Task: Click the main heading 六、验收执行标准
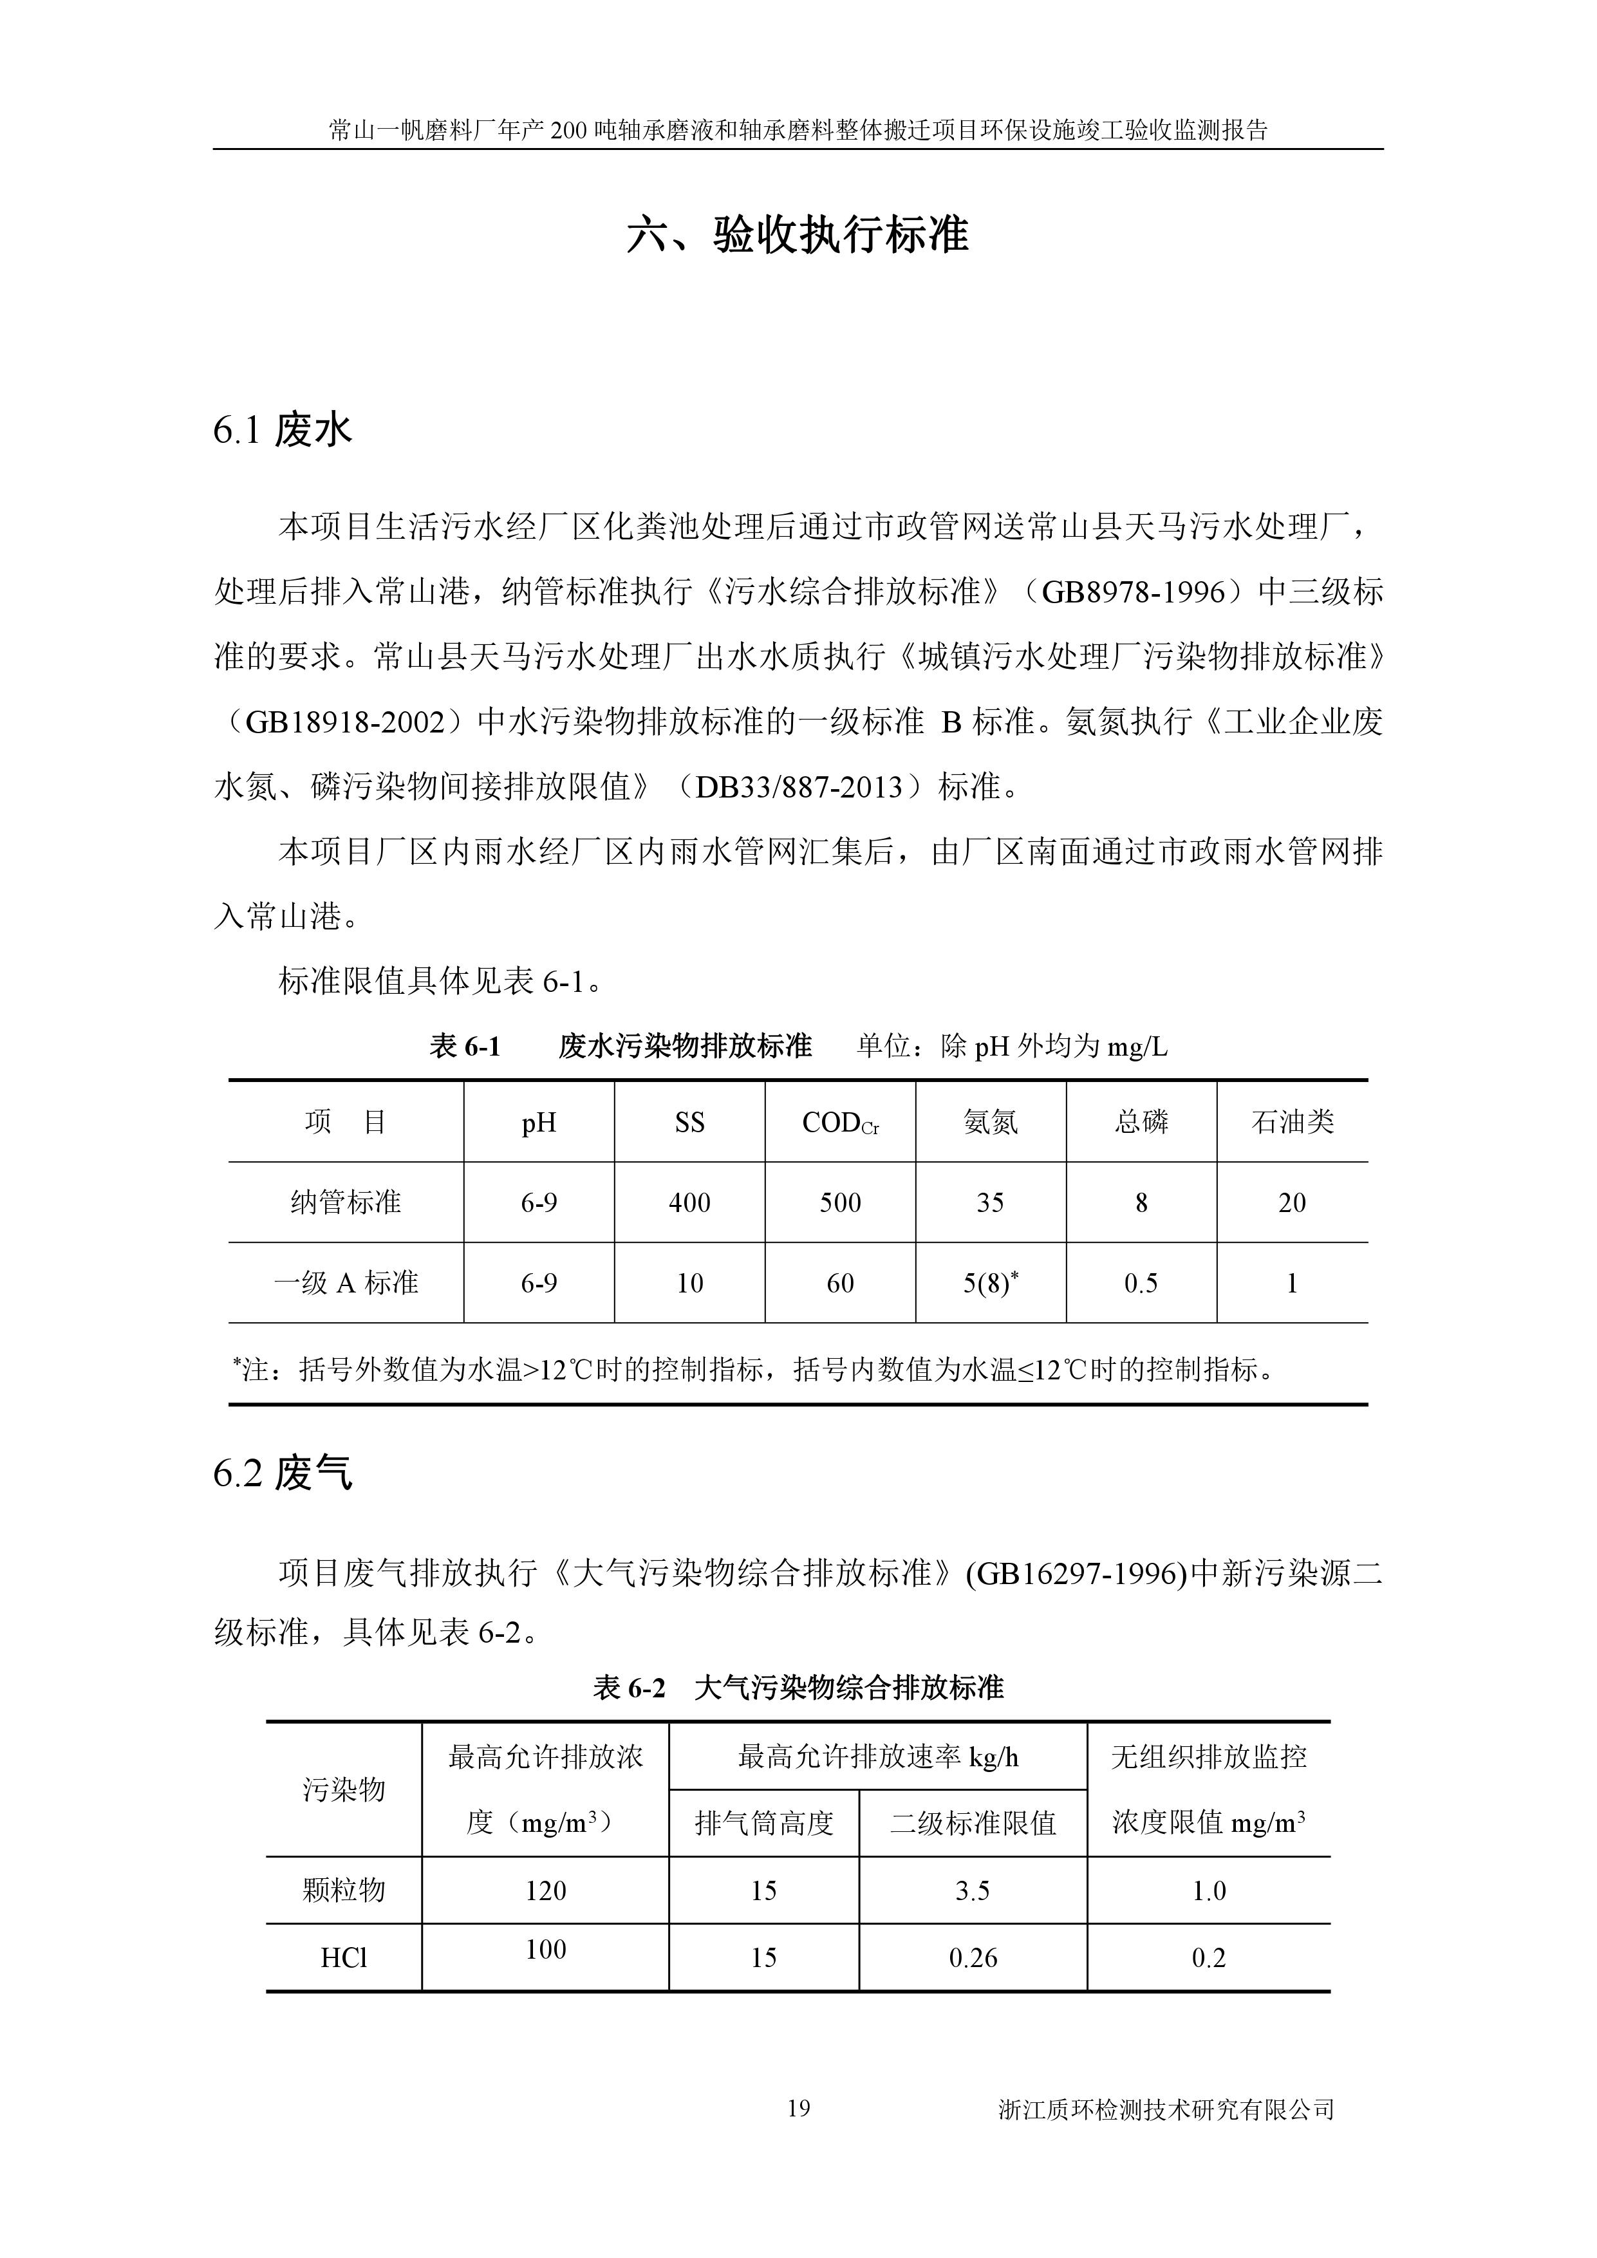tap(798, 234)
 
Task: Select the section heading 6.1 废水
tap(282, 430)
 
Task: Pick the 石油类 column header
tap(1291, 1122)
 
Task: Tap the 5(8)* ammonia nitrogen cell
tap(989, 1282)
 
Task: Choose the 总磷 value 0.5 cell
tap(1141, 1282)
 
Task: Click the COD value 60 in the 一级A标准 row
tap(840, 1282)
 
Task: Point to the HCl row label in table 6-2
tap(343, 1957)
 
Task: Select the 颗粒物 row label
tap(343, 1890)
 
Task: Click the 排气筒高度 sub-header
tap(763, 1824)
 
